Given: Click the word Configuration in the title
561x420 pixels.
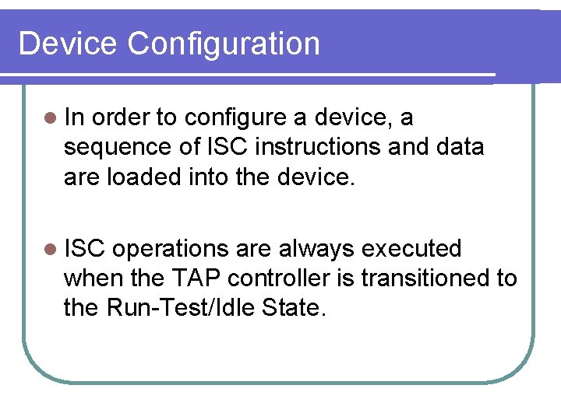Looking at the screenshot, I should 224,44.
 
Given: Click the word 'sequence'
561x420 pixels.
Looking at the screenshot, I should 111,147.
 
